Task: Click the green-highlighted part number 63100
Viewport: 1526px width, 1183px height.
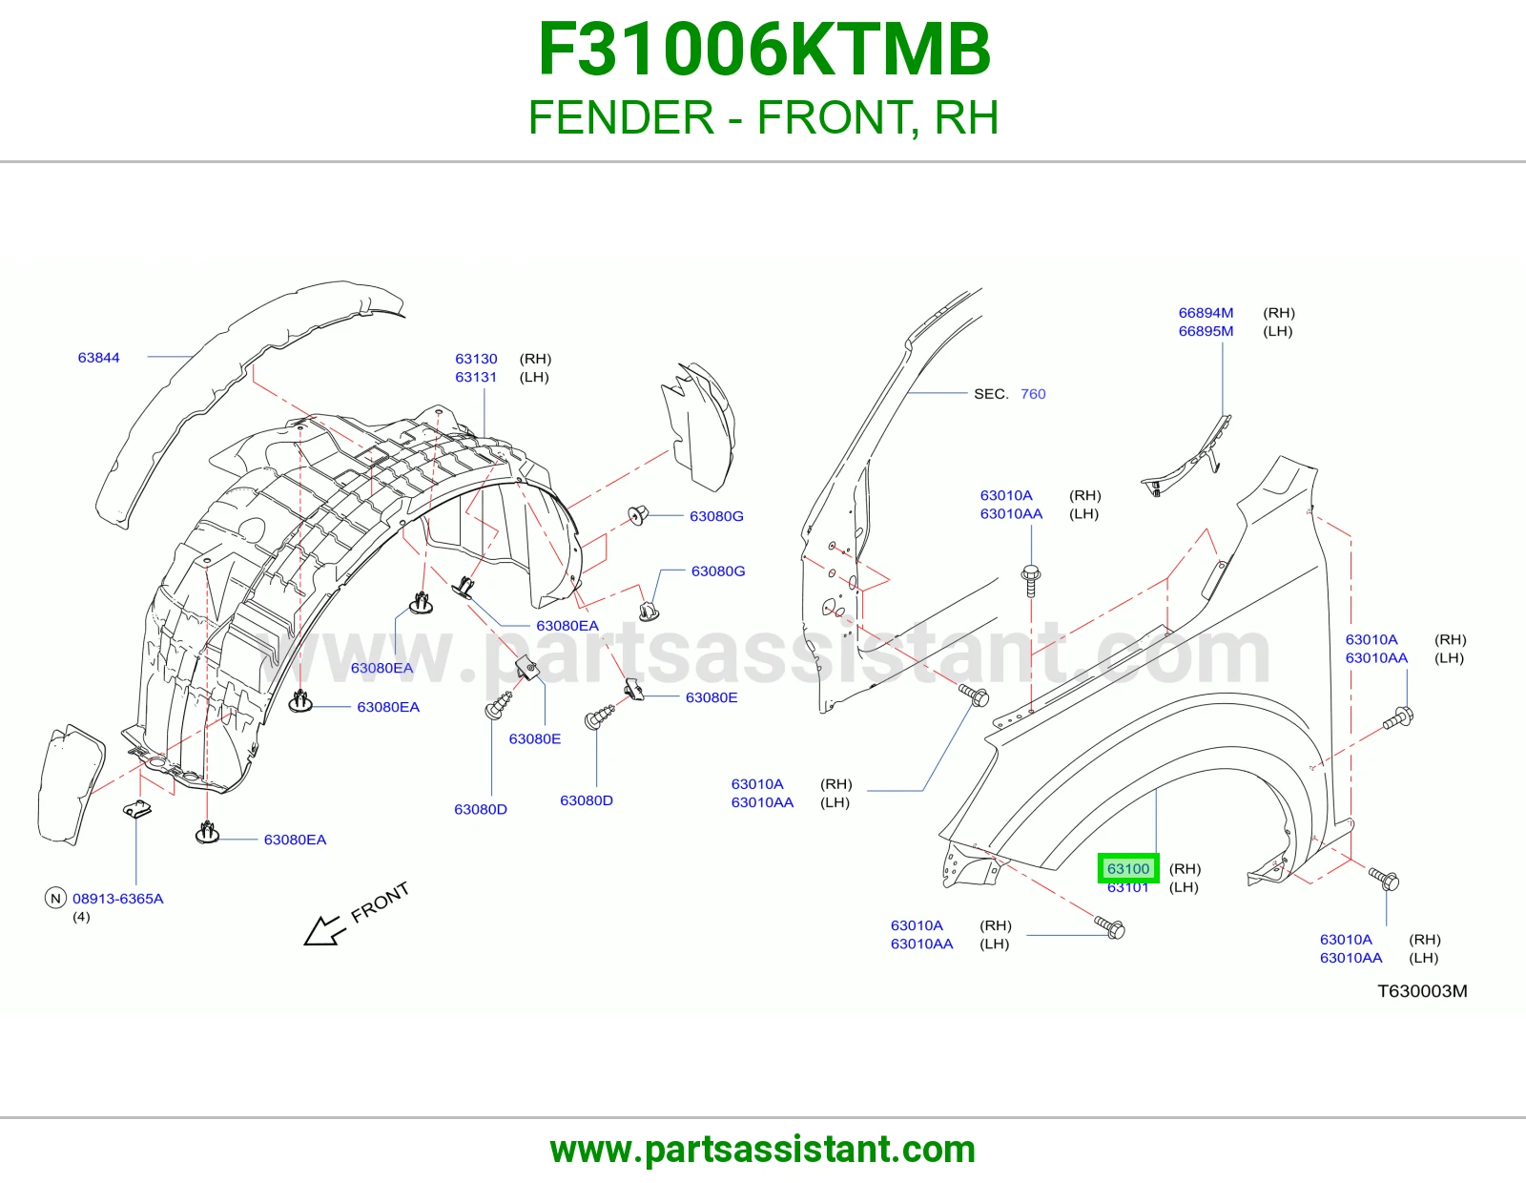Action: [x=1128, y=868]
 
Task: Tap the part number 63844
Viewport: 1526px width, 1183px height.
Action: [x=98, y=358]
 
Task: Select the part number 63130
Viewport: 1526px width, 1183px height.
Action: [x=476, y=359]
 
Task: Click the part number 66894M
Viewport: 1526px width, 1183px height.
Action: [x=1206, y=313]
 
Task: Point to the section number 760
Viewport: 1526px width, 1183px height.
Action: [x=1033, y=394]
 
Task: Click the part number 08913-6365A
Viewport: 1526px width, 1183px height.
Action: [x=118, y=899]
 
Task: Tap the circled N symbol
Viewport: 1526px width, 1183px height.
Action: [x=55, y=899]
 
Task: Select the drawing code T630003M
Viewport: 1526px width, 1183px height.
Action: [x=1422, y=991]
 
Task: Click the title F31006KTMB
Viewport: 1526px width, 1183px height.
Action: [x=764, y=50]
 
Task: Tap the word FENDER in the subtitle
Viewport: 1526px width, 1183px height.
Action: [x=622, y=117]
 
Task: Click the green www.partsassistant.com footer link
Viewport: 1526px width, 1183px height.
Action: [x=763, y=1150]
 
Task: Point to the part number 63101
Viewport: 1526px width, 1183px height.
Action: [x=1128, y=887]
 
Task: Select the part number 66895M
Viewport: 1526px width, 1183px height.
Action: [x=1206, y=331]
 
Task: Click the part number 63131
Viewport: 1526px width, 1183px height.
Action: [x=476, y=377]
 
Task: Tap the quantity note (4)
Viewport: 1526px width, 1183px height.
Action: [x=81, y=917]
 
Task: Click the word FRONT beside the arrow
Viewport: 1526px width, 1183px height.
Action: [x=380, y=902]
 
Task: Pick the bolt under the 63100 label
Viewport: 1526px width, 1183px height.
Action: [x=1110, y=927]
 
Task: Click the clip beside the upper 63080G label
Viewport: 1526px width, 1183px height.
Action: [x=638, y=515]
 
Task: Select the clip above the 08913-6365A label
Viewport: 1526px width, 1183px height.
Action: [x=137, y=810]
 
